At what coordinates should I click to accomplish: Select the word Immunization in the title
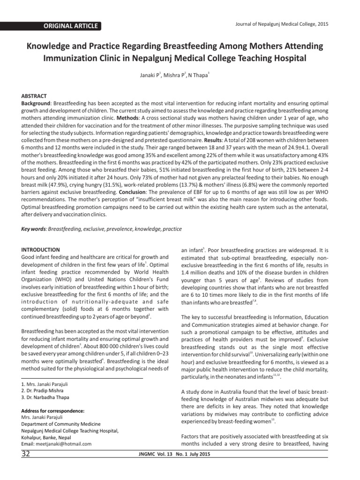(71, 58)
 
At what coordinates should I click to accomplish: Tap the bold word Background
(37, 102)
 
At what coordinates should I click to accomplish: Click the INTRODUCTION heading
(41, 250)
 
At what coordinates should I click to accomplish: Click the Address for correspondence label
(53, 411)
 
